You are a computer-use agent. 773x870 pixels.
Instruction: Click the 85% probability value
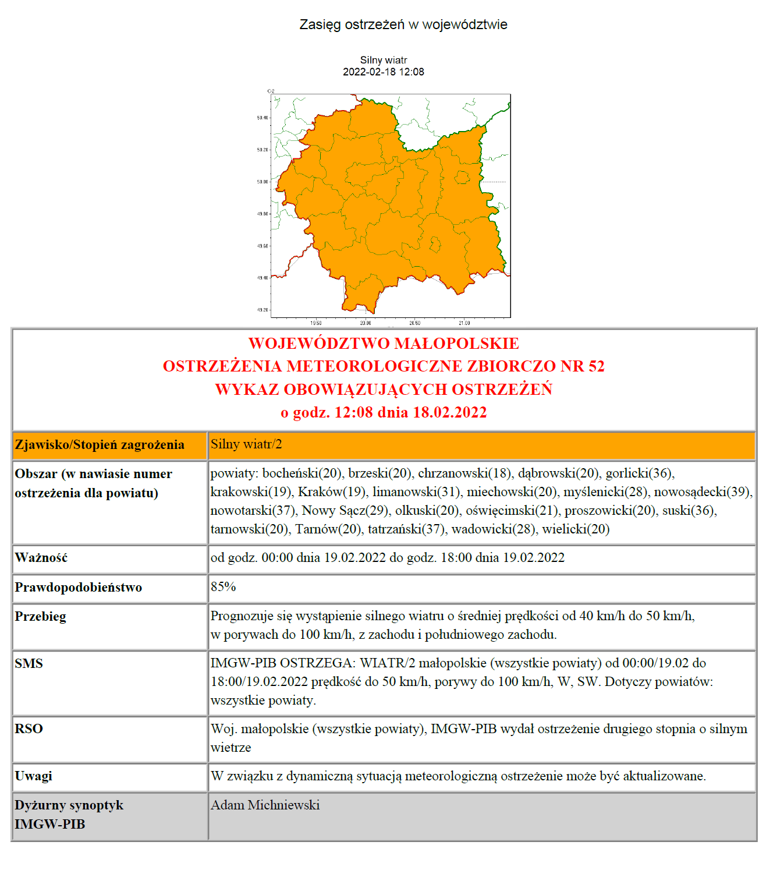point(224,587)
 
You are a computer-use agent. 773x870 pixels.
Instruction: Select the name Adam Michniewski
point(265,805)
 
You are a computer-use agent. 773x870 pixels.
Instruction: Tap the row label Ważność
point(41,558)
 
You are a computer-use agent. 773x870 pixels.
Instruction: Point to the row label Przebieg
point(41,617)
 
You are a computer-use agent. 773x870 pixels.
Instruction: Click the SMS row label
point(29,664)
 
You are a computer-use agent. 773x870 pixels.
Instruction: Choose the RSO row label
point(29,729)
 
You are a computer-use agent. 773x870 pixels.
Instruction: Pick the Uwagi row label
point(34,776)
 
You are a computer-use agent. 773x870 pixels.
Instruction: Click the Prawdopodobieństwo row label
point(79,588)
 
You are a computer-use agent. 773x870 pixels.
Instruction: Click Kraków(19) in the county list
point(332,492)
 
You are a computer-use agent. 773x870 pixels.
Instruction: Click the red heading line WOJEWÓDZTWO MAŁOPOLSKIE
point(384,344)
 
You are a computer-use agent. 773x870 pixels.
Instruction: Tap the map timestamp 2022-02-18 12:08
point(384,72)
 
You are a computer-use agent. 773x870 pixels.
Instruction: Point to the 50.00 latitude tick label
point(263,182)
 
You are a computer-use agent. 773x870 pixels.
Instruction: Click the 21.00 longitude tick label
point(464,323)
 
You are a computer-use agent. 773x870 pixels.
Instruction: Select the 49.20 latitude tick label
point(263,310)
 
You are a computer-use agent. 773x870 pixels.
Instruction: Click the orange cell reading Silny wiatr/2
point(246,445)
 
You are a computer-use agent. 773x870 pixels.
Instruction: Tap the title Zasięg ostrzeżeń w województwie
point(403,25)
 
